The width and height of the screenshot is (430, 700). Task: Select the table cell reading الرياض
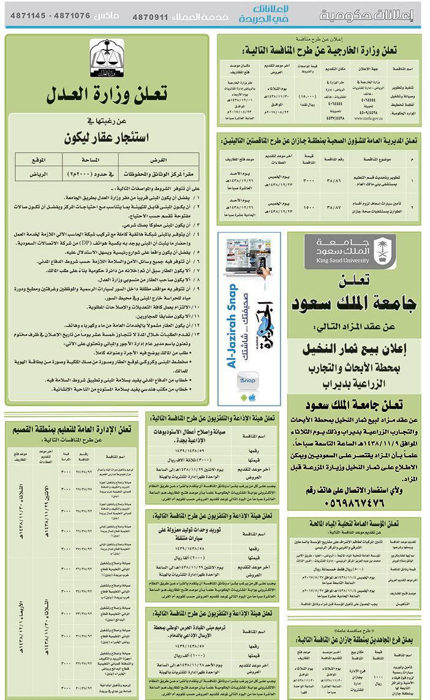[x=39, y=173]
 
